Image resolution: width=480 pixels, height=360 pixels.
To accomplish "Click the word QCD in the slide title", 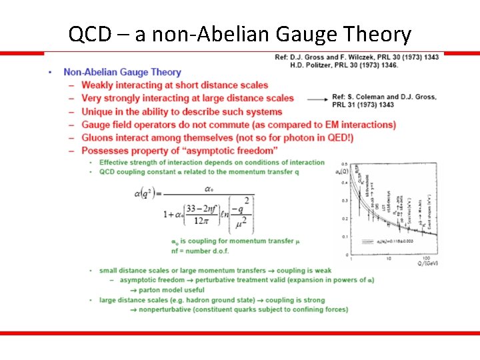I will tap(87, 34).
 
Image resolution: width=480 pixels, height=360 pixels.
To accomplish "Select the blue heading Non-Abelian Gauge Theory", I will tap(122, 72).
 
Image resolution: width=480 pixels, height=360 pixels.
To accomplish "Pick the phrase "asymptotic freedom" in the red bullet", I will tap(231, 151).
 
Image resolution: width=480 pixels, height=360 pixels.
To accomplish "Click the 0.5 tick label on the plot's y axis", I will tap(344, 163).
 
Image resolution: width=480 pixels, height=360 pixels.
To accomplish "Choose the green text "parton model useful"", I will tap(167, 290).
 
